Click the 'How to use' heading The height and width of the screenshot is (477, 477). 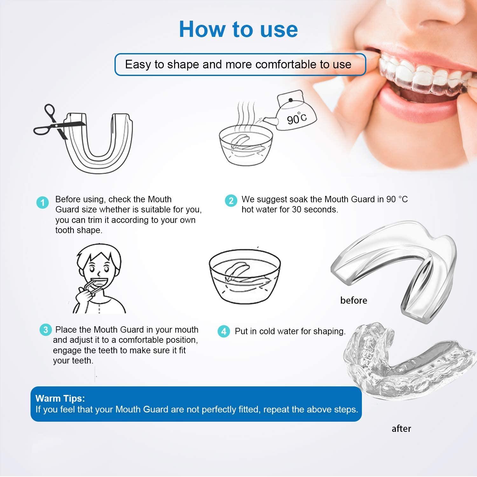point(238,29)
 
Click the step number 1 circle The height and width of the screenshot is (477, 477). point(43,202)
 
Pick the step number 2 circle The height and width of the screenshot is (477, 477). point(231,201)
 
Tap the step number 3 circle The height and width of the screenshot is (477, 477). point(45,330)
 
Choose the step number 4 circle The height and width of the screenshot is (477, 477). point(224,331)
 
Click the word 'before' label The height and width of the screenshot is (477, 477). point(353,301)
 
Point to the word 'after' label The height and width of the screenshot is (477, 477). point(401,429)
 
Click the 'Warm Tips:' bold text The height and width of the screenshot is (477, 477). point(60,398)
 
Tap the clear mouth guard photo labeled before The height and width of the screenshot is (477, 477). point(397,267)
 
